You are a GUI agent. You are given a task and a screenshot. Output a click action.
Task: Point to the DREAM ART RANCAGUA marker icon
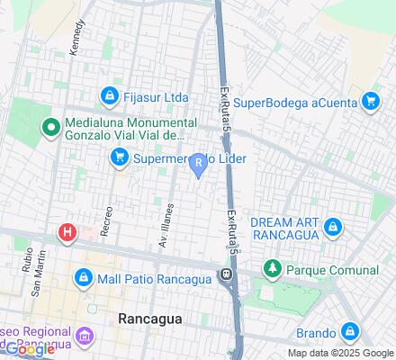coord(333,227)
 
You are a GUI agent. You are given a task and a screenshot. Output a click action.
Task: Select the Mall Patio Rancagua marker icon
coord(84,276)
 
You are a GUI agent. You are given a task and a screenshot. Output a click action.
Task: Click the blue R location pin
coord(198,164)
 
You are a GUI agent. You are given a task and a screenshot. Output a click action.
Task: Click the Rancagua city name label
coord(150,319)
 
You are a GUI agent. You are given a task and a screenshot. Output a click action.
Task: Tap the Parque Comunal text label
coord(333,269)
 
